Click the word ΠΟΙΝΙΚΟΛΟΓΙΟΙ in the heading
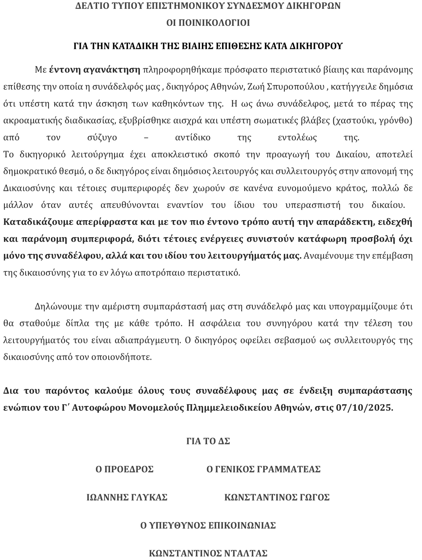pyautogui.click(x=208, y=23)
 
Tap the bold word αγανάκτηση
pyautogui.click(x=112, y=70)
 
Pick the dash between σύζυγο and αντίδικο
pyautogui.click(x=146, y=137)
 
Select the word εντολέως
pyautogui.click(x=297, y=137)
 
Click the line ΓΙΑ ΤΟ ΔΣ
pyautogui.click(x=208, y=441)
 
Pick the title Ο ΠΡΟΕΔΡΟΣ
pyautogui.click(x=124, y=469)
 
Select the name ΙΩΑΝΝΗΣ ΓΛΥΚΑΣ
pyautogui.click(x=127, y=497)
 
